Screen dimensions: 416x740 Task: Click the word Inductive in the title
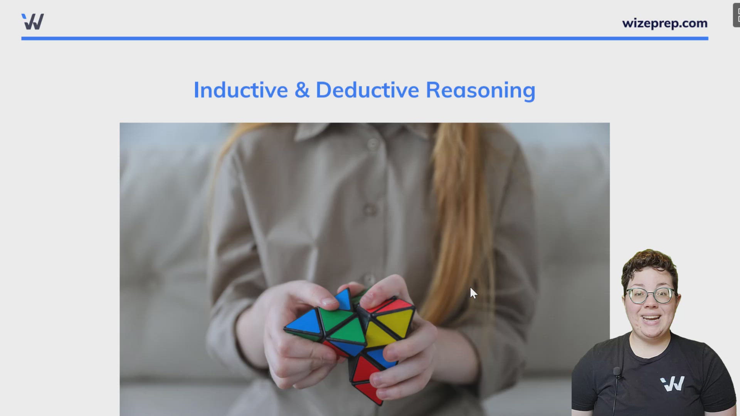240,90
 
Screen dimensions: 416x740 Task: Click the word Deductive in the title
367,90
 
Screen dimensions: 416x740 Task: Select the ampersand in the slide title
302,90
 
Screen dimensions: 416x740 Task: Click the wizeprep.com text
664,23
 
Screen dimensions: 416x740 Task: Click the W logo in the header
33,22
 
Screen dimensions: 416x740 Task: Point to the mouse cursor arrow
473,292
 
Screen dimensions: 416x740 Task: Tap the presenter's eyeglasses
651,295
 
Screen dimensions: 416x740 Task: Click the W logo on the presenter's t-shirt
673,384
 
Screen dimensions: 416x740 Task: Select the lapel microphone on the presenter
617,372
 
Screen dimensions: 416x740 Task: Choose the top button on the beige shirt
373,144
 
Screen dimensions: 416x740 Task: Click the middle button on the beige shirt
370,210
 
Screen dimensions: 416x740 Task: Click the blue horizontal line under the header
365,39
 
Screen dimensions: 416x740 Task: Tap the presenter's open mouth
651,318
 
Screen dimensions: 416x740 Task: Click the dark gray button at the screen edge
736,15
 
